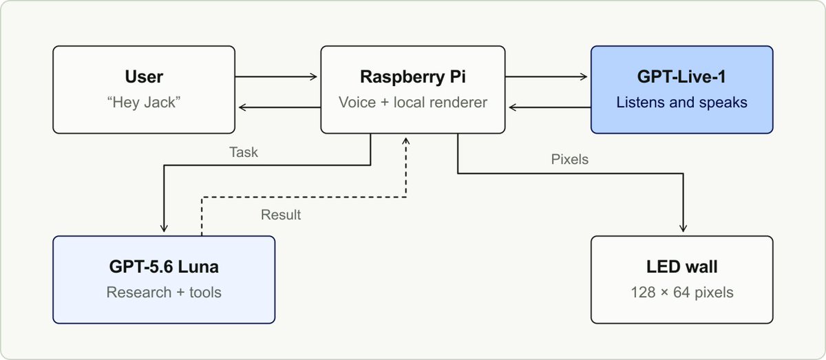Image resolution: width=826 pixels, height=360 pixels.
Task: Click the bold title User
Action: (144, 76)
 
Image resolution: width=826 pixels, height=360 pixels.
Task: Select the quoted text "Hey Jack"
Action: (144, 102)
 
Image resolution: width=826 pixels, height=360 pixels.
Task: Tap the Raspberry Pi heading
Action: (412, 77)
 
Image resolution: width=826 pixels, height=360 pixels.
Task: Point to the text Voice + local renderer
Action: (412, 102)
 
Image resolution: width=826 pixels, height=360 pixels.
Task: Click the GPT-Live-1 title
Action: (681, 76)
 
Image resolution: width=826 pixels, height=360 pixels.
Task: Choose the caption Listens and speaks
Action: (681, 103)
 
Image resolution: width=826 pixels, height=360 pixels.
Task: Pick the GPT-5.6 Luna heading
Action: (164, 266)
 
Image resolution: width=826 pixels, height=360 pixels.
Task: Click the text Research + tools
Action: (164, 292)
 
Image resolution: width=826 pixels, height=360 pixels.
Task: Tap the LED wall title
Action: (682, 266)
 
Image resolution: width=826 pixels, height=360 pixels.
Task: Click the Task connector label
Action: (244, 152)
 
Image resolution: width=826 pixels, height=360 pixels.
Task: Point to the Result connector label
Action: (281, 215)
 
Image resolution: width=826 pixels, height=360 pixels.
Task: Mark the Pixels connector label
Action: (570, 159)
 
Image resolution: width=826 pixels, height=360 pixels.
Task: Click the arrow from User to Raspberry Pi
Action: (276, 76)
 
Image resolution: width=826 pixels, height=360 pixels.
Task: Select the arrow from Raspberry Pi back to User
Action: (279, 107)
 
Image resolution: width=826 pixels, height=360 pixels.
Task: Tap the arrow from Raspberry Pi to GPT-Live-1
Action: (546, 76)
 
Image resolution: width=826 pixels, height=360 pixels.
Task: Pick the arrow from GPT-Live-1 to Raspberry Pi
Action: (550, 107)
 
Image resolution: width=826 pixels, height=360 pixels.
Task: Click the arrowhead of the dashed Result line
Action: (406, 140)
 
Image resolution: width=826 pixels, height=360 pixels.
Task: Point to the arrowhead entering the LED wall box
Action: (683, 229)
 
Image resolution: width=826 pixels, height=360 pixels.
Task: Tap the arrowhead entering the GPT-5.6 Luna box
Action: (164, 229)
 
